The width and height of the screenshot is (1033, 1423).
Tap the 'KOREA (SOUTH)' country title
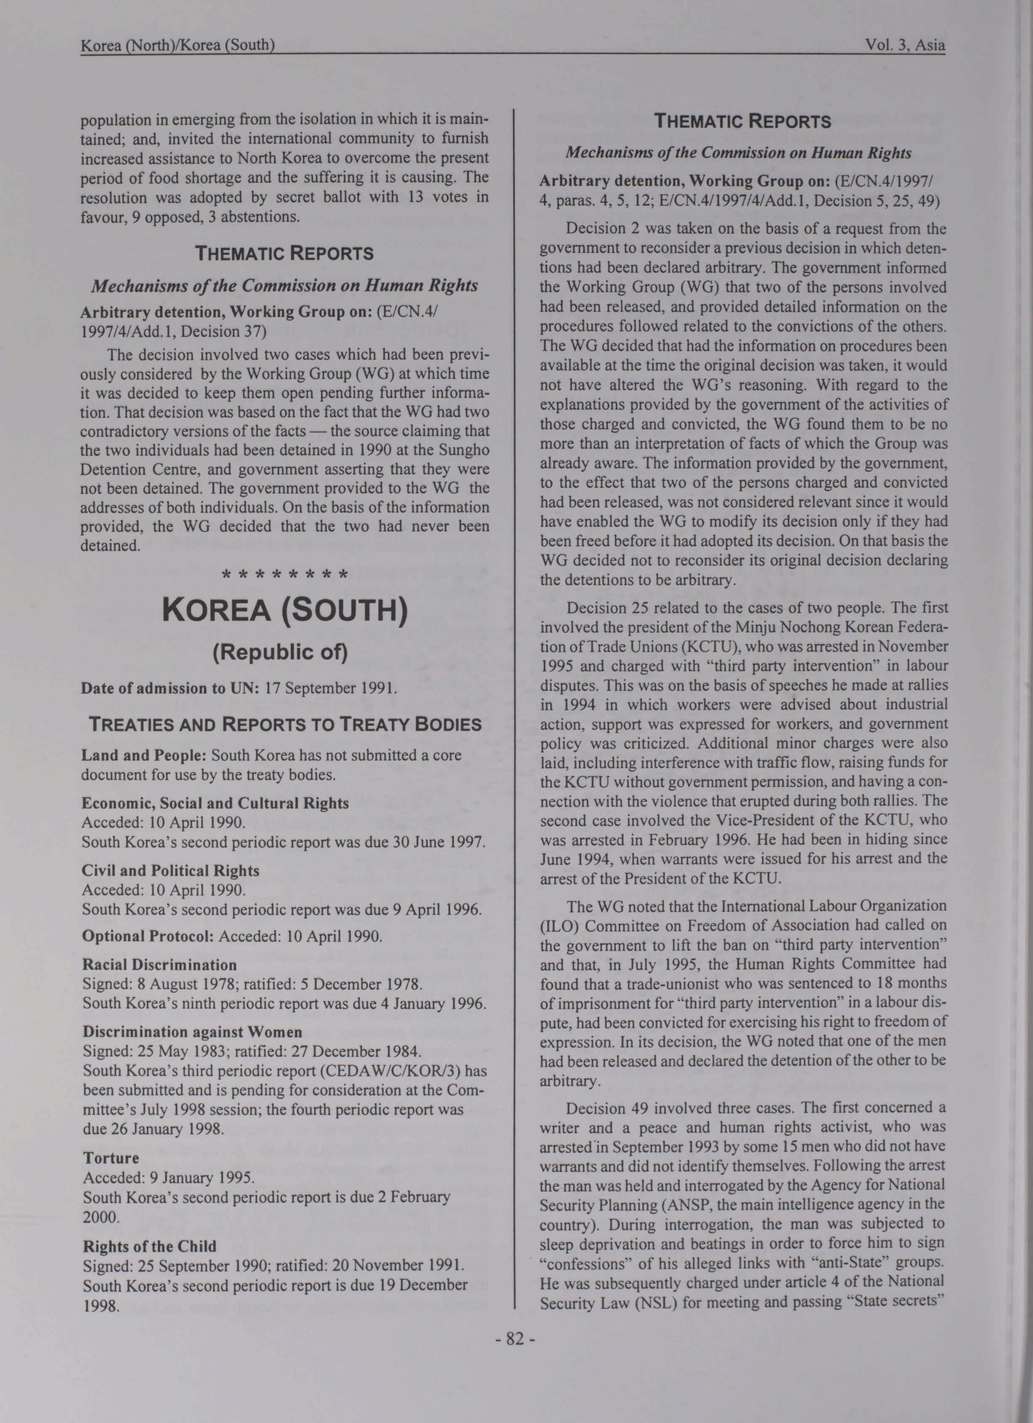click(285, 610)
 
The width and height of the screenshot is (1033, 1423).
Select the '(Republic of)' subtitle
click(280, 652)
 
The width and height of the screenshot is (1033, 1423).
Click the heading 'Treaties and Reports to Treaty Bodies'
click(285, 725)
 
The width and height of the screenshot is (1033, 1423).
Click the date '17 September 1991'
click(330, 688)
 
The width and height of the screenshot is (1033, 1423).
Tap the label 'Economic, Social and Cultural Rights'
click(215, 803)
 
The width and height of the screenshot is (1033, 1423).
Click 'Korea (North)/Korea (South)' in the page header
click(178, 45)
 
